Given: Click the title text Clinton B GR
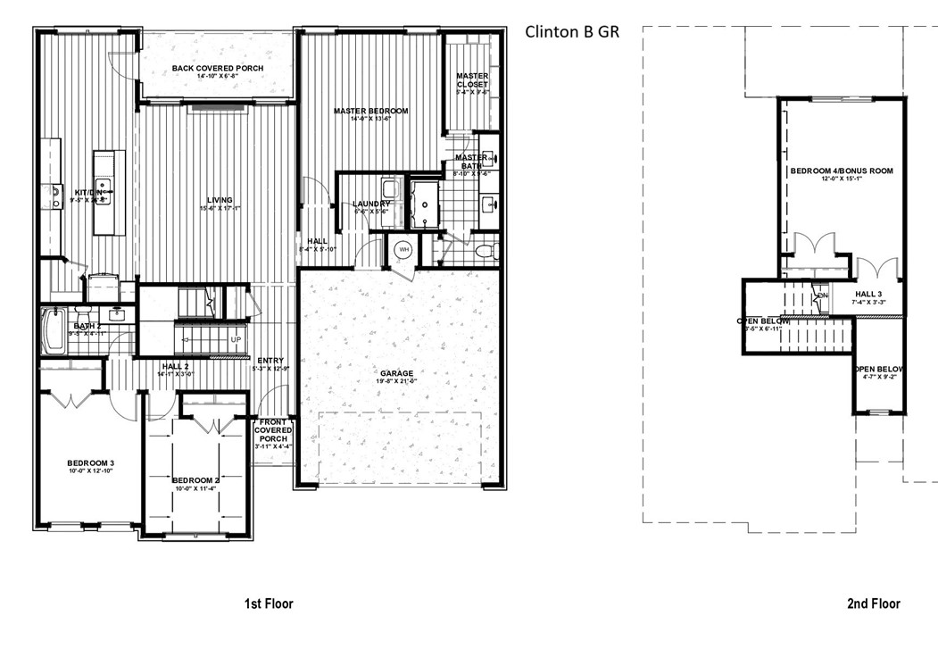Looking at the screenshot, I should coord(571,32).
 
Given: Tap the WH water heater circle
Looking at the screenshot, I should coord(403,249).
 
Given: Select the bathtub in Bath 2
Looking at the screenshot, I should coord(53,331).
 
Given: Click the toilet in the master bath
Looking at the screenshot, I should coord(486,251).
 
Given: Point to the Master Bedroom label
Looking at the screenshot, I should coord(370,112).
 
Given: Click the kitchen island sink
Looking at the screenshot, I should coord(104,187).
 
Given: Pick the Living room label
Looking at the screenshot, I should coord(220,200).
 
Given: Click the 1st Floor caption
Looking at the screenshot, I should coord(269,604).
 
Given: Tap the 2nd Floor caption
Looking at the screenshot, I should coord(873,604).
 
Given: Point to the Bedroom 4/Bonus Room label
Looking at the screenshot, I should coord(841,171).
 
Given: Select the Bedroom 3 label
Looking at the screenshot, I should coord(90,462).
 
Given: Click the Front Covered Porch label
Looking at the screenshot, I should coord(274,430).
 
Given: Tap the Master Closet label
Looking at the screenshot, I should coord(472,80).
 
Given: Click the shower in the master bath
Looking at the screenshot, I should coord(426,204).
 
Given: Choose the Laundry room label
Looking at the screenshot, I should coord(370,204).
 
